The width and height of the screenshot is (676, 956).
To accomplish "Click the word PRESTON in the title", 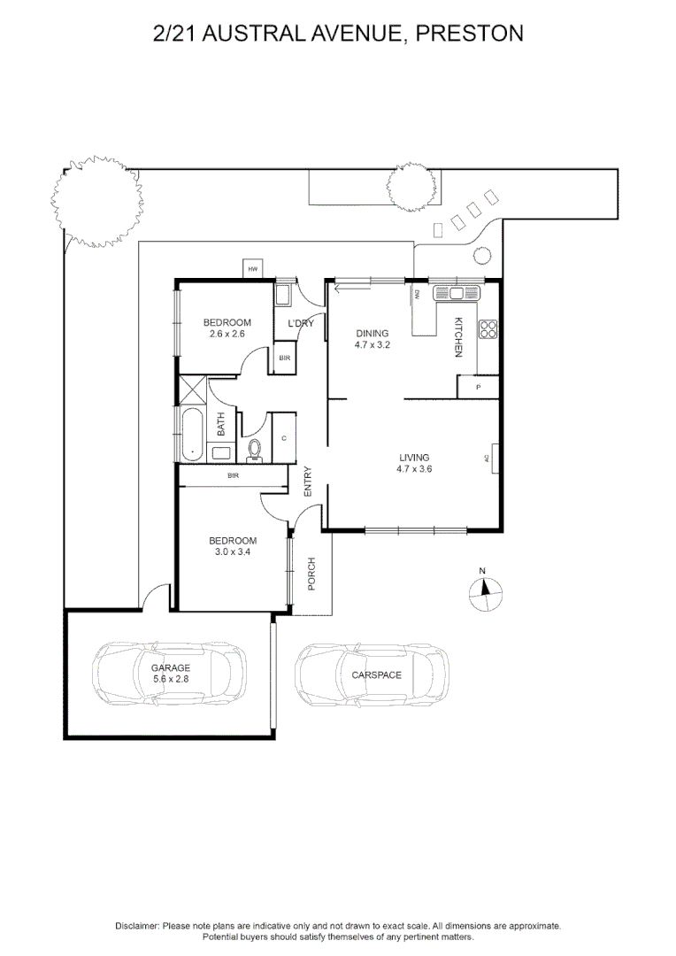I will pos(469,34).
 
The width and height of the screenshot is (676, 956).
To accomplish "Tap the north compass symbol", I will pos(484,594).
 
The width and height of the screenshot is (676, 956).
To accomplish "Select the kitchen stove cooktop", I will pos(488,329).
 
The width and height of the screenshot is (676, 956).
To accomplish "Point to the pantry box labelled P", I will pos(478,387).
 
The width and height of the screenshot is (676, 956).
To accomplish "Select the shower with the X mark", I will pos(193,389).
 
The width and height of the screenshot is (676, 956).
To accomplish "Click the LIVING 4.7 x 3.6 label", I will pos(414,463).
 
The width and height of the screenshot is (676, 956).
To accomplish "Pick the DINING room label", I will pos(372,338).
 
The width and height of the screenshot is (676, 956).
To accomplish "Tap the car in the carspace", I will pos(372,675).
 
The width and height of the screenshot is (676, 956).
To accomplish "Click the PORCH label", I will pos(311,573).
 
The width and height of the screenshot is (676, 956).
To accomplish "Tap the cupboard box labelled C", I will pos(284,437).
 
